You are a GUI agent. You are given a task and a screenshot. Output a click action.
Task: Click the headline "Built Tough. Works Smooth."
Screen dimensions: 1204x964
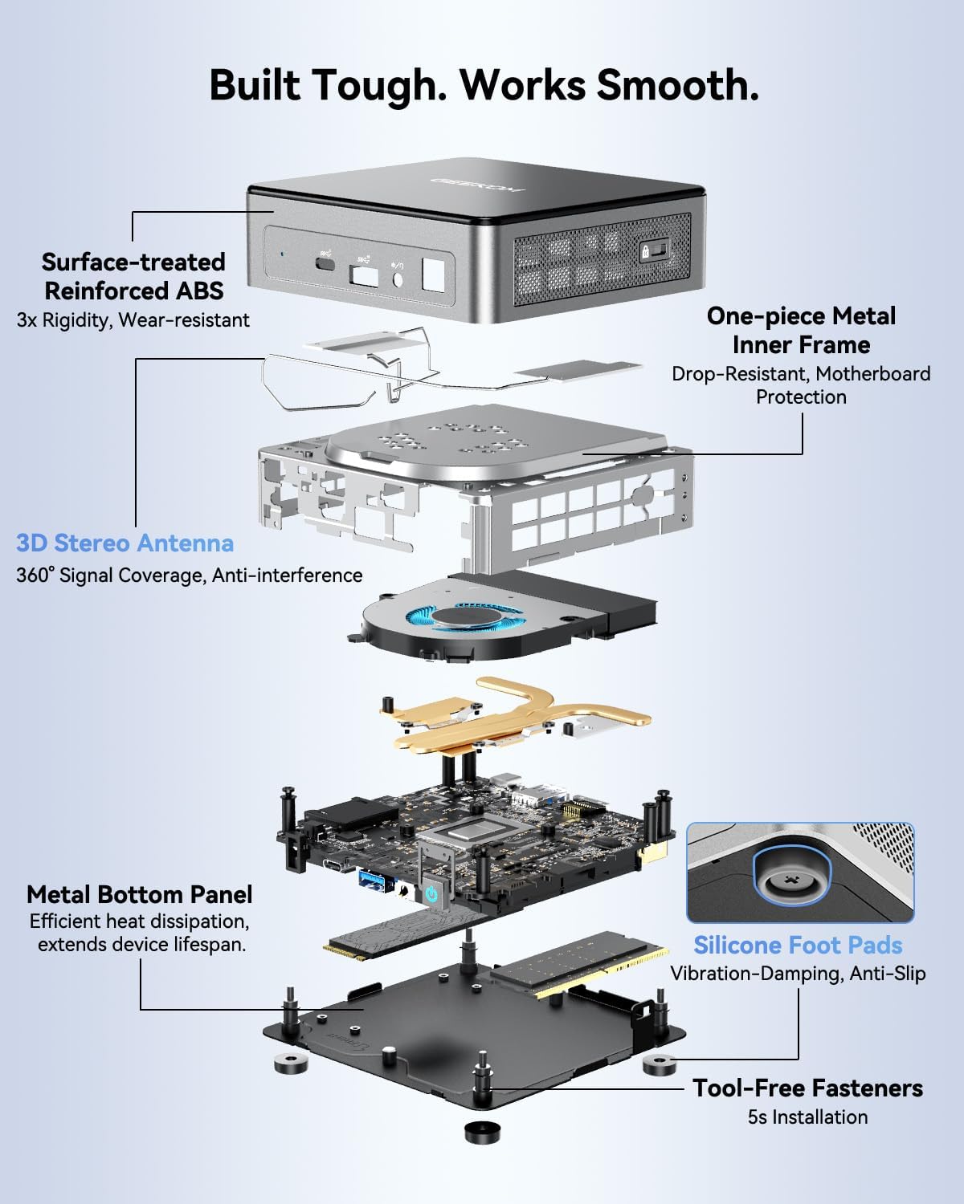484,85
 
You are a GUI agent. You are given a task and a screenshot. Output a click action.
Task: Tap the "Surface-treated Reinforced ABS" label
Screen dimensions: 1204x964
133,276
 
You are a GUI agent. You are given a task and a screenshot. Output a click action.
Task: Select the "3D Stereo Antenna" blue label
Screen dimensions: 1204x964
125,543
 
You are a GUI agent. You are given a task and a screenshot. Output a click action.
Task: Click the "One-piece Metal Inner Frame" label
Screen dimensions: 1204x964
801,330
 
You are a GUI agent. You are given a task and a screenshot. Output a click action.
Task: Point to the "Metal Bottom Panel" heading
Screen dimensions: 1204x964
139,894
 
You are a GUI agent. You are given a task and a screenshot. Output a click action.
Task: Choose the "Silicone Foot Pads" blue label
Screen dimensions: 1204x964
798,945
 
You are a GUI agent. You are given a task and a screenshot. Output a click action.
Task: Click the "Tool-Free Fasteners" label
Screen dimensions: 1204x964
807,1088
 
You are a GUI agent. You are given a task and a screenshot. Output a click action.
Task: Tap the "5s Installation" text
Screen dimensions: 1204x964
807,1117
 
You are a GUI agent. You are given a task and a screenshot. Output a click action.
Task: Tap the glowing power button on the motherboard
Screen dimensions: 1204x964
431,893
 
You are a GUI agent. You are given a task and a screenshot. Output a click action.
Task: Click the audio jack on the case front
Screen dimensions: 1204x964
397,279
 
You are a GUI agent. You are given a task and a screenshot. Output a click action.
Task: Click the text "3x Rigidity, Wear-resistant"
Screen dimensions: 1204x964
133,320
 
